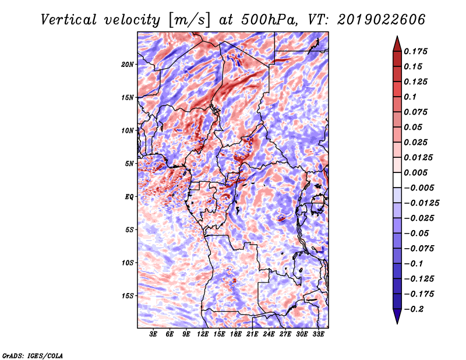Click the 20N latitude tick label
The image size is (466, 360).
click(x=128, y=65)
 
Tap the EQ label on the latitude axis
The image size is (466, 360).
click(x=129, y=197)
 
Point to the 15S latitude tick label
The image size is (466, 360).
click(x=128, y=296)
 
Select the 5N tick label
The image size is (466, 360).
click(x=129, y=164)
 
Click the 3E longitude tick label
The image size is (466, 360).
click(x=153, y=334)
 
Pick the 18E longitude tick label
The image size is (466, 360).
click(x=236, y=334)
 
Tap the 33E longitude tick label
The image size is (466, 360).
click(x=318, y=334)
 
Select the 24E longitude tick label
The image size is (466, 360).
click(x=269, y=334)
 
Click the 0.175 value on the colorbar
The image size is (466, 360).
click(x=415, y=51)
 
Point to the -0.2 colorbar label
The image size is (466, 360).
click(x=414, y=309)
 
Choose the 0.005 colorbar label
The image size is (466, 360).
click(x=415, y=172)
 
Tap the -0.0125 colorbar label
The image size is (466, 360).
click(x=421, y=203)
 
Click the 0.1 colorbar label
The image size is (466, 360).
click(x=410, y=97)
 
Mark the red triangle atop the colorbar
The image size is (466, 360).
click(x=397, y=44)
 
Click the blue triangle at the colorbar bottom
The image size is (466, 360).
click(x=397, y=316)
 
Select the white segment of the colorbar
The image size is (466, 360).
click(x=397, y=180)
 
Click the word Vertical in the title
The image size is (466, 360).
click(x=68, y=20)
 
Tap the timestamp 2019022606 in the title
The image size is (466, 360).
click(x=382, y=20)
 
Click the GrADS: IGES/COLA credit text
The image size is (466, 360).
click(x=33, y=355)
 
